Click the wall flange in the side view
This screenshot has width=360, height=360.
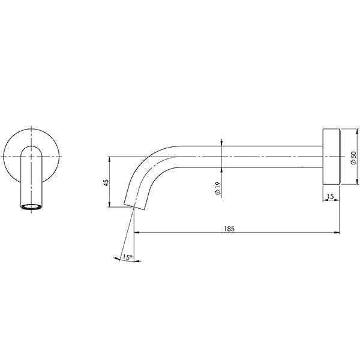pyautogui.click(x=331, y=156)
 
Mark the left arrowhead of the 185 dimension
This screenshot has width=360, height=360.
pyautogui.click(x=136, y=233)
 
